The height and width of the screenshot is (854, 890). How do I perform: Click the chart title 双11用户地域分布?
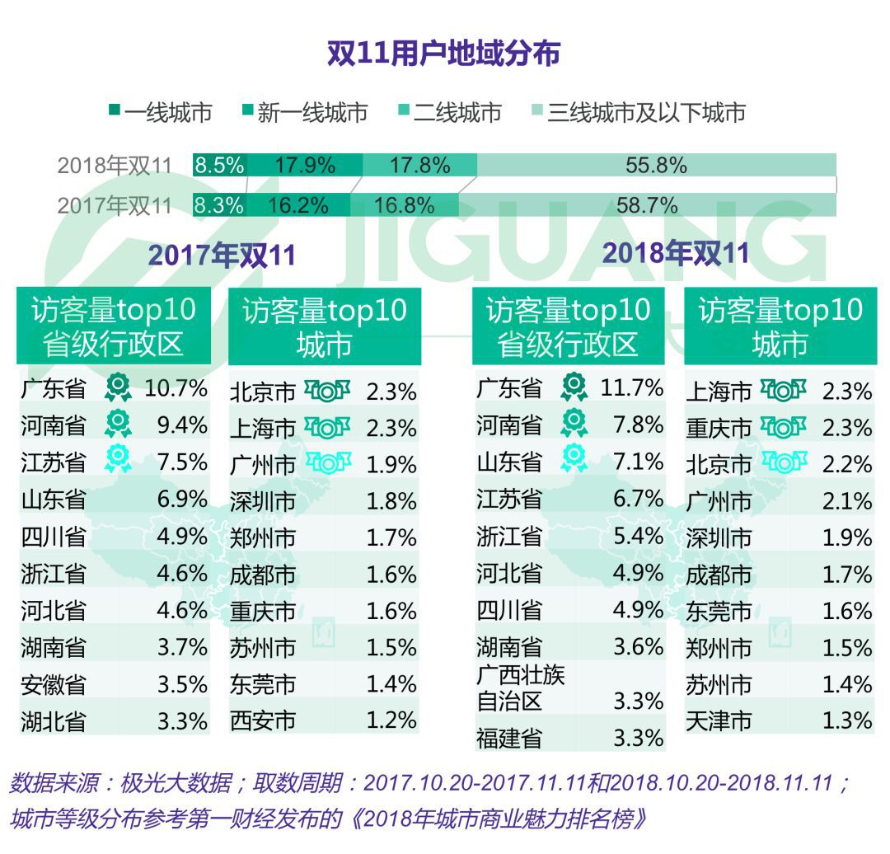pos(444,54)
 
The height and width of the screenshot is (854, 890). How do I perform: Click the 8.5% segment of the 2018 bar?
pos(218,165)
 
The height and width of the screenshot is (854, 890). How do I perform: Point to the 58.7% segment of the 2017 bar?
pos(647,204)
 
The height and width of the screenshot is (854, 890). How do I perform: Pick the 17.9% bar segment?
pos(305,165)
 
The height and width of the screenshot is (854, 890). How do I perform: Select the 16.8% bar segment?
pos(404,204)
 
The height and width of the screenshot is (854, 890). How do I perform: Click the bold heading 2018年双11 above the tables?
pos(676,252)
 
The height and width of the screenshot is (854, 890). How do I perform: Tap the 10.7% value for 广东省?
pos(176,387)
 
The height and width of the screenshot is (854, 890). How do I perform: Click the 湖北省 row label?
pos(54,721)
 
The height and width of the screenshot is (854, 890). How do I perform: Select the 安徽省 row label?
pos(54,684)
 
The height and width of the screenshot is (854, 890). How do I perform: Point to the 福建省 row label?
pos(509,737)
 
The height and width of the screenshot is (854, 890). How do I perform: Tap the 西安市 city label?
pos(263,721)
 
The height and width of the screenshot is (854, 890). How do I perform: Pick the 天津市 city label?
pos(719,721)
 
